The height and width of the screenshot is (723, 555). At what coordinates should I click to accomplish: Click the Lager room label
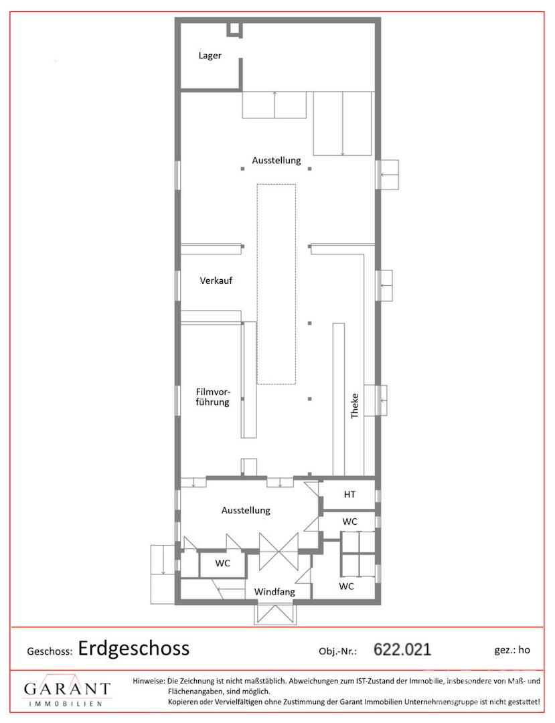coord(210,56)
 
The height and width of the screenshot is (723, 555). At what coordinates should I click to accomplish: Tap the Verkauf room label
coord(216,280)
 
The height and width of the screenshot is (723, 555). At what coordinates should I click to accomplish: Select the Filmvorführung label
coord(212,397)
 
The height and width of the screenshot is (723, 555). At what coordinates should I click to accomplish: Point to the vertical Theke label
coord(354,406)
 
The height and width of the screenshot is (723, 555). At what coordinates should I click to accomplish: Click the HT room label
coord(349,494)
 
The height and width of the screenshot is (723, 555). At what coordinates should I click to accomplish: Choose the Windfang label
coord(274,592)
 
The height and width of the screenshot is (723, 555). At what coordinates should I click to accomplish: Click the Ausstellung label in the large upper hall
coord(276,161)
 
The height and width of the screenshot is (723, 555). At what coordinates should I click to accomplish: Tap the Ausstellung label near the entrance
coord(246,510)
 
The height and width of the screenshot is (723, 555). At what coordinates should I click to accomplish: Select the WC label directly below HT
coord(350,521)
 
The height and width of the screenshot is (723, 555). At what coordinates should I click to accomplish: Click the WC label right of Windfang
coord(346,586)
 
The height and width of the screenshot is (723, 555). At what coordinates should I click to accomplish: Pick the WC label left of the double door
coord(223,563)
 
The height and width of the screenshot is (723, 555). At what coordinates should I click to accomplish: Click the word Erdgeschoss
coord(134,648)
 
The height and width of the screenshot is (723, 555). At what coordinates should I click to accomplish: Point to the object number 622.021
coord(402,649)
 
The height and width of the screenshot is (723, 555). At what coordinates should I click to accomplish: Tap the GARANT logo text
coord(68,689)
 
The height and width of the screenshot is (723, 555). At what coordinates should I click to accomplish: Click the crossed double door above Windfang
coord(279,551)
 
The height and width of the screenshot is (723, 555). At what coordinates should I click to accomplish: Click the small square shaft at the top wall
coord(234,29)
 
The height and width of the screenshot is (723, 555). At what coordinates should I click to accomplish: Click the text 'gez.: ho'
coord(512,649)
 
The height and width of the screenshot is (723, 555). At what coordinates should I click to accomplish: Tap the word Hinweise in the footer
coord(149,681)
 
